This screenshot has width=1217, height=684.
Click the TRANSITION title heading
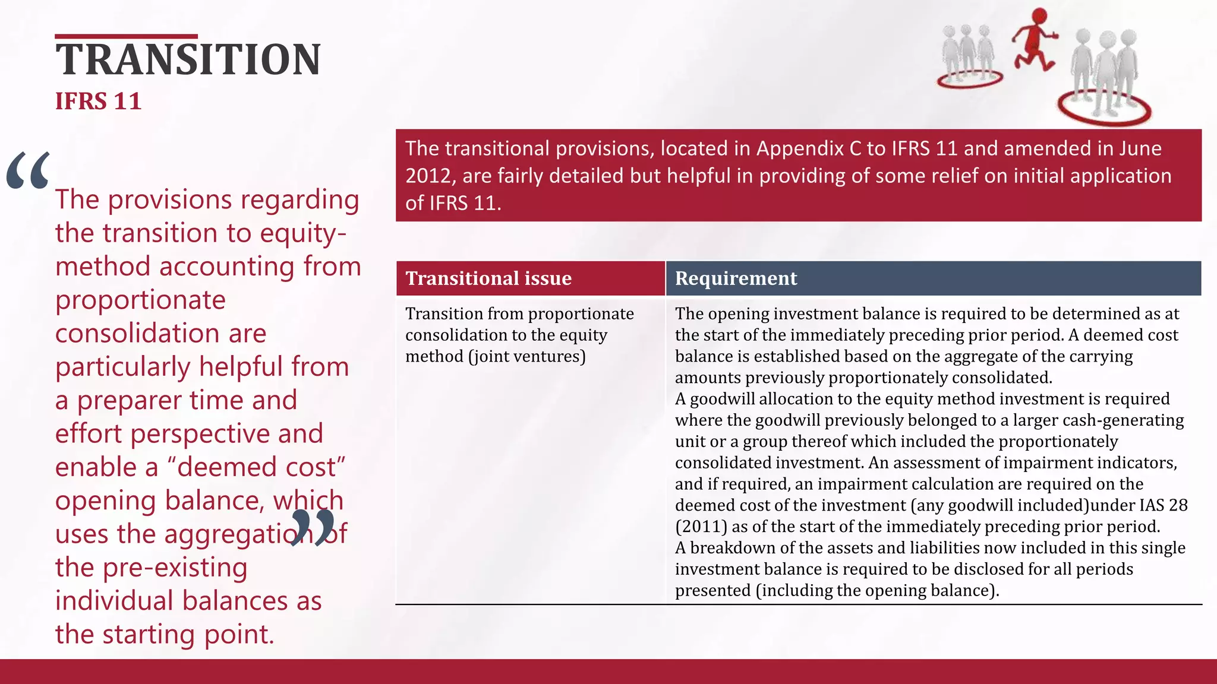tap(188, 60)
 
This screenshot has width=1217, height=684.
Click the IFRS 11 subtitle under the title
tap(98, 102)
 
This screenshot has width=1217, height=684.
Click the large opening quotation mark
tap(28, 171)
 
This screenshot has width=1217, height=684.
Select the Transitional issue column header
tap(488, 278)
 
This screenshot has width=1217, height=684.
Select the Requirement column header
tap(736, 278)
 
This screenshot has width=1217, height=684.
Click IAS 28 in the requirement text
tap(1163, 505)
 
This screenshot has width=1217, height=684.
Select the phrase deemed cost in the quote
tap(258, 467)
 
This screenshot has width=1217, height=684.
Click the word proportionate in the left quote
tap(140, 300)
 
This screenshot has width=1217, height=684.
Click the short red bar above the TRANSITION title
tap(126, 37)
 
